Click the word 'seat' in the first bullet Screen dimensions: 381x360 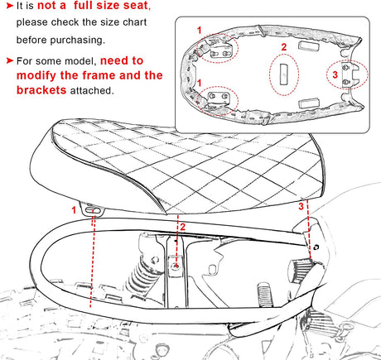(x=135, y=6)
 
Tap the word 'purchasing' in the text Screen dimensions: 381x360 (x=77, y=40)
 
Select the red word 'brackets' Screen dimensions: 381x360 (x=41, y=90)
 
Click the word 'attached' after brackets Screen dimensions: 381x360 (x=91, y=90)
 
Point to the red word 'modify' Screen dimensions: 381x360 (x=36, y=76)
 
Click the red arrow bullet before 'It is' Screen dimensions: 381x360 (x=10, y=6)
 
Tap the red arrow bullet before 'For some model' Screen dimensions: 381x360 (x=10, y=60)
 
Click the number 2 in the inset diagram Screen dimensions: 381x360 (x=284, y=47)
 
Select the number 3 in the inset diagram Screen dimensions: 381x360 (x=335, y=74)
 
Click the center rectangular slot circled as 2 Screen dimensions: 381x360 (x=284, y=74)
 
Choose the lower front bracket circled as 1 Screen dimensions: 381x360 (x=219, y=100)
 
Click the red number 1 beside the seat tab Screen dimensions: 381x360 (x=74, y=210)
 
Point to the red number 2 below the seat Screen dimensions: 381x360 (x=183, y=228)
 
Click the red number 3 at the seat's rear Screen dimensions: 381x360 (x=301, y=206)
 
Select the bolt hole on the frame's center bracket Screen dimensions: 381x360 (x=176, y=266)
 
